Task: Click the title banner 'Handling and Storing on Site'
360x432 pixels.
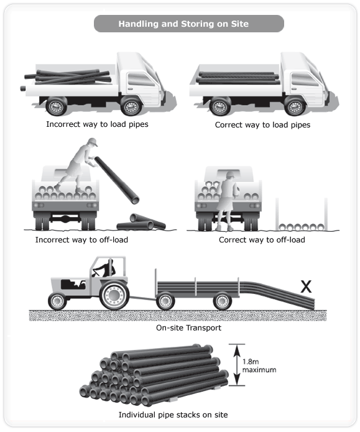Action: tap(189, 24)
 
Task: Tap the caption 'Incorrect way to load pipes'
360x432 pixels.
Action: tap(97, 124)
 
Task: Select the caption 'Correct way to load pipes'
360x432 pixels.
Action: tap(262, 125)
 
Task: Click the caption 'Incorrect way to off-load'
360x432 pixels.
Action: tap(81, 240)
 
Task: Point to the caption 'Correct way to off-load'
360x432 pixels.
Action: tap(262, 240)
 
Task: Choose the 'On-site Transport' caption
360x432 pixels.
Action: tap(188, 328)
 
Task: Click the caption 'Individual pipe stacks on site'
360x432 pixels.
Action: tap(173, 415)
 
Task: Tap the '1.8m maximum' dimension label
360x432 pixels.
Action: tap(259, 365)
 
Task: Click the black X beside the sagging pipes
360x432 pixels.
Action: tap(306, 287)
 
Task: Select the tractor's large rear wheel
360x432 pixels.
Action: tap(114, 295)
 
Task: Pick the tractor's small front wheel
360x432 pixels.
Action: tap(57, 301)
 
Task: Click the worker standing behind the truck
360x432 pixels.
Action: tap(226, 201)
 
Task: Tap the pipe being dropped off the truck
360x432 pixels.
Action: tap(117, 180)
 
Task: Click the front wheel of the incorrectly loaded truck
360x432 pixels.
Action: tap(131, 106)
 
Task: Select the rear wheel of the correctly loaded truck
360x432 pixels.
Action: tap(220, 106)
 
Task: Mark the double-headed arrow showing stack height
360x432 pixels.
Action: tap(237, 365)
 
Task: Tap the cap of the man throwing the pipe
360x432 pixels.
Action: tap(93, 142)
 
